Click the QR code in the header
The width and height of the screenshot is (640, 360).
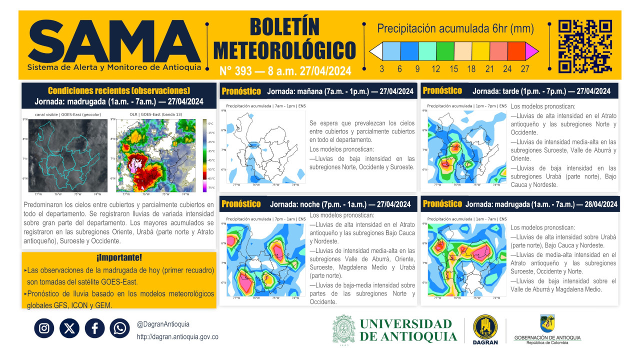(x=585, y=46)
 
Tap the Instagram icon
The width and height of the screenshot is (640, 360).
(x=44, y=328)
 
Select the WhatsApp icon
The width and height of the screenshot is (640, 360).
(x=120, y=328)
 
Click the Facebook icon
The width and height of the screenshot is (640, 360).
(x=94, y=328)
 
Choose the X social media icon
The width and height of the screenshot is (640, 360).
(x=69, y=328)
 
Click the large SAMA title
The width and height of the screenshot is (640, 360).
(x=114, y=42)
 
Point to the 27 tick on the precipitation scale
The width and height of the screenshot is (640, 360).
(x=525, y=69)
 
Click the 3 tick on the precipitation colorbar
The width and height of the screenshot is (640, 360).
(x=382, y=69)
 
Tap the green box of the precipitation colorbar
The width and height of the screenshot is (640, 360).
(x=445, y=51)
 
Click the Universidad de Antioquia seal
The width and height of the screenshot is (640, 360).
(x=344, y=330)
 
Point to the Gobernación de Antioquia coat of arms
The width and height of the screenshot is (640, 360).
(x=547, y=323)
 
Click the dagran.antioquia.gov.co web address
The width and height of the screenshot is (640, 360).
(x=177, y=337)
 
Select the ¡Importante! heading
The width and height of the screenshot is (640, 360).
(x=118, y=258)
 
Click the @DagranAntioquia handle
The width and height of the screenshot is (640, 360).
(x=163, y=324)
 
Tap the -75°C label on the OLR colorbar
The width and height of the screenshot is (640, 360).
(x=210, y=188)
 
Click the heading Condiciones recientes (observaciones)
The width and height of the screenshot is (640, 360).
(x=118, y=90)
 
